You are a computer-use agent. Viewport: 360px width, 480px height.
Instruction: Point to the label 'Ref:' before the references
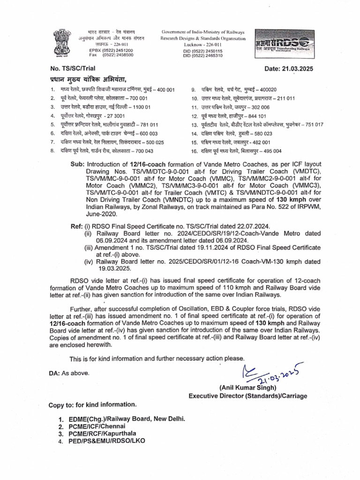click(77, 226)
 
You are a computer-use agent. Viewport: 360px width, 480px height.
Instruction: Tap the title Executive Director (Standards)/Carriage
click(248, 396)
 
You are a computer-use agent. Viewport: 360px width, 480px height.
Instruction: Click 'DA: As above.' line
click(68, 373)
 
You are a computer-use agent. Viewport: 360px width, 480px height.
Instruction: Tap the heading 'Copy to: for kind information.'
click(93, 405)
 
